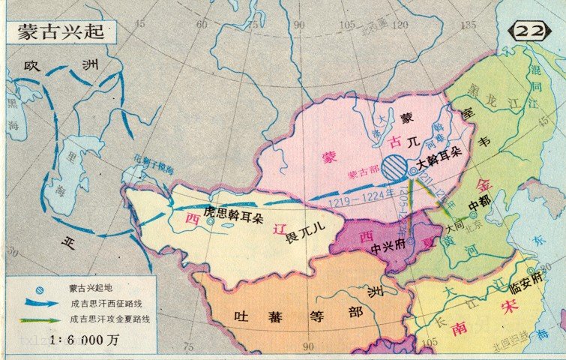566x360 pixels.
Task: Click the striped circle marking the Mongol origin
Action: pyautogui.click(x=393, y=166)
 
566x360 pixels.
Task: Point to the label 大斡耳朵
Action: pyautogui.click(x=439, y=160)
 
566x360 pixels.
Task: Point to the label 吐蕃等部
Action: pyautogui.click(x=292, y=316)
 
